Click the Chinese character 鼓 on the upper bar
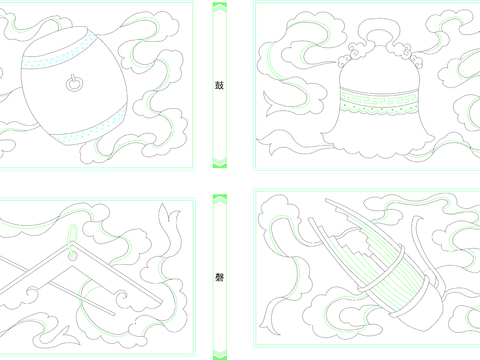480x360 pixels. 219,85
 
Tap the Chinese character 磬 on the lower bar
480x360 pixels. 219,277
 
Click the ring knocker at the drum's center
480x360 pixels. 74,83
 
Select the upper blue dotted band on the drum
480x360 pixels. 59,51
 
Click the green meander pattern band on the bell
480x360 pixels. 379,98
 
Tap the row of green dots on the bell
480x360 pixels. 379,108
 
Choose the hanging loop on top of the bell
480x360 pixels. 379,33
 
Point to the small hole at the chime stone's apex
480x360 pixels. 72,256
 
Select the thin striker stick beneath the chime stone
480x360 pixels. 81,298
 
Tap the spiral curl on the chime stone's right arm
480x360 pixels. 121,296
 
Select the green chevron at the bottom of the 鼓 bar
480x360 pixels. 220,162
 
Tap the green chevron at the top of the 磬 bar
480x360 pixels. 220,199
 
